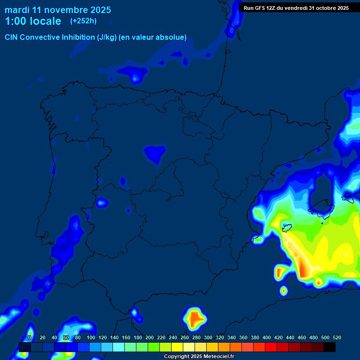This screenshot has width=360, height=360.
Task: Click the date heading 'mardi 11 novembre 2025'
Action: (58, 10)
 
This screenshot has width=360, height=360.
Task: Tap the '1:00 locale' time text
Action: (33, 22)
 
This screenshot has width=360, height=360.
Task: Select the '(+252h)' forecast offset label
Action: (83, 21)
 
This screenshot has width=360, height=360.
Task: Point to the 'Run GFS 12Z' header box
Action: (296, 8)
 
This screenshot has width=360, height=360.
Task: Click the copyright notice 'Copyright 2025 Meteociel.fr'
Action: (199, 357)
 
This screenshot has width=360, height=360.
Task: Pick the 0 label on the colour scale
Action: (30, 337)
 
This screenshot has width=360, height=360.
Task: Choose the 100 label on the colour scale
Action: (91, 337)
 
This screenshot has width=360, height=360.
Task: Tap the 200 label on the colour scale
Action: (150, 337)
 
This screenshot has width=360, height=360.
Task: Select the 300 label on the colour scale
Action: (208, 337)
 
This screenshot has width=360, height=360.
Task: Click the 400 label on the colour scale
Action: (267, 337)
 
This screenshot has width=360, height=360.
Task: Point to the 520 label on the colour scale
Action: (337, 337)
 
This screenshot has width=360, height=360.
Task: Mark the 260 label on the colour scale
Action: (185, 337)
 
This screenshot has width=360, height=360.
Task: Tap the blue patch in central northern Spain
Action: (154, 153)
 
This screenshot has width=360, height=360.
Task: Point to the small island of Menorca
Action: (348, 198)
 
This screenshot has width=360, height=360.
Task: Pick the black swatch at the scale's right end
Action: (330, 347)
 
